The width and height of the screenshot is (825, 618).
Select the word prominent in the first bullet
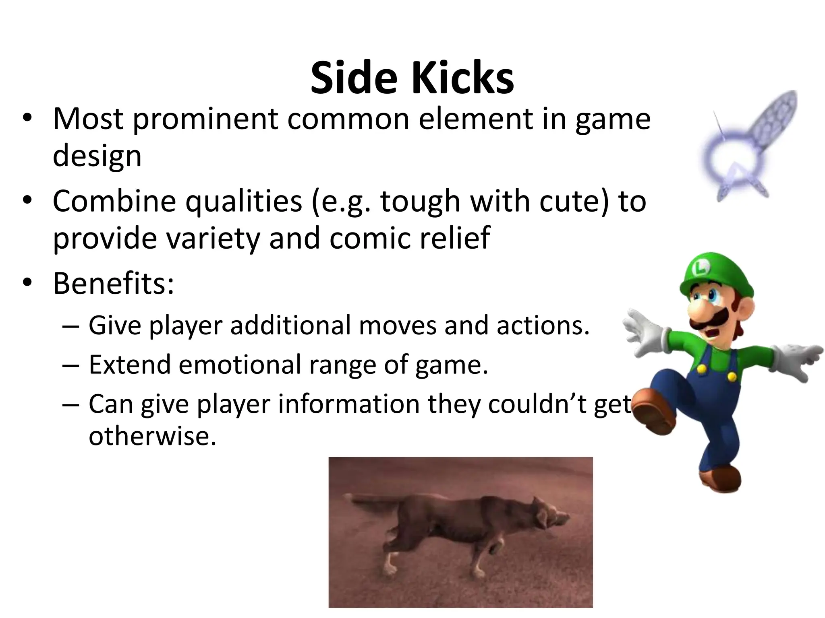(205, 119)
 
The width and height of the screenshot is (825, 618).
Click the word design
(97, 156)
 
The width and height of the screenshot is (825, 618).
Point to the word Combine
(114, 201)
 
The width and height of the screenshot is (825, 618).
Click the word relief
(455, 238)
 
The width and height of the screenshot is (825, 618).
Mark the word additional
(290, 325)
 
